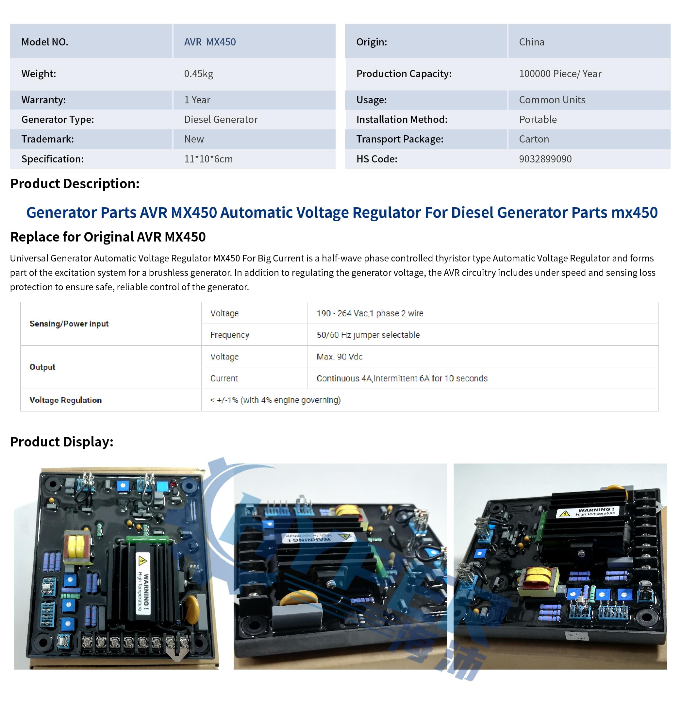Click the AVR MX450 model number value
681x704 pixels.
(x=210, y=42)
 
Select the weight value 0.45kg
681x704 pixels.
(x=199, y=74)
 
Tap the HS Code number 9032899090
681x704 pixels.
(x=545, y=159)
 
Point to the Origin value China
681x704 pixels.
(x=532, y=42)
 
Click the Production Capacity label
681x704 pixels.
(x=404, y=74)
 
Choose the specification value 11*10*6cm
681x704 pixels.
(x=208, y=159)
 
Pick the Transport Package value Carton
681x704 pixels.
(x=534, y=139)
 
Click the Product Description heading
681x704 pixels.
(x=75, y=184)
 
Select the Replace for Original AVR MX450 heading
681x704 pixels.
(x=108, y=237)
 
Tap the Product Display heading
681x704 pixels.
(x=62, y=442)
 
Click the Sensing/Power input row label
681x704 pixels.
(x=69, y=324)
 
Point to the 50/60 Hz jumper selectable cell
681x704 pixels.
(x=368, y=335)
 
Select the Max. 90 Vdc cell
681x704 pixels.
(x=340, y=357)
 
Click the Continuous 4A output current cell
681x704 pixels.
(x=402, y=378)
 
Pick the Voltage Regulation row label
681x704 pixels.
(x=65, y=400)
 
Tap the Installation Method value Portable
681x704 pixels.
(x=538, y=119)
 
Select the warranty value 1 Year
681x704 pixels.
(x=197, y=100)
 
